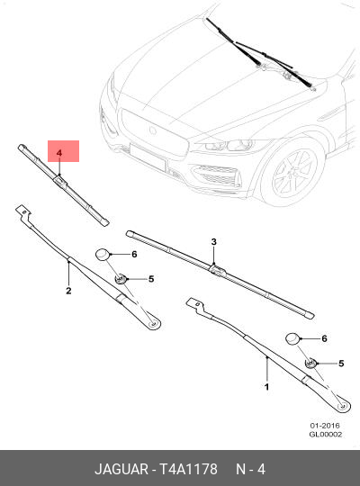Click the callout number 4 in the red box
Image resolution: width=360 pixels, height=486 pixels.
pyautogui.click(x=59, y=155)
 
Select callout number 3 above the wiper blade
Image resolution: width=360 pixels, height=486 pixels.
pyautogui.click(x=214, y=241)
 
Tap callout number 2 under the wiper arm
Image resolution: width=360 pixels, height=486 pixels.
pyautogui.click(x=68, y=291)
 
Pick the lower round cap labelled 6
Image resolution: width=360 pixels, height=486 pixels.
pyautogui.click(x=293, y=338)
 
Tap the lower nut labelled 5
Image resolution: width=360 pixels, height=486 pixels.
pyautogui.click(x=310, y=364)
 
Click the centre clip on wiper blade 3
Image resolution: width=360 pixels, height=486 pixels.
pyautogui.click(x=216, y=267)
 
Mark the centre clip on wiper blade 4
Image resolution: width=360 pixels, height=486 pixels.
pyautogui.click(x=60, y=182)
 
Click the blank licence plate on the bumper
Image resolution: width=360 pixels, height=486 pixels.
pyautogui.click(x=153, y=163)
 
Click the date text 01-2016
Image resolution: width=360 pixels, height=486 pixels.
pyautogui.click(x=324, y=425)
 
